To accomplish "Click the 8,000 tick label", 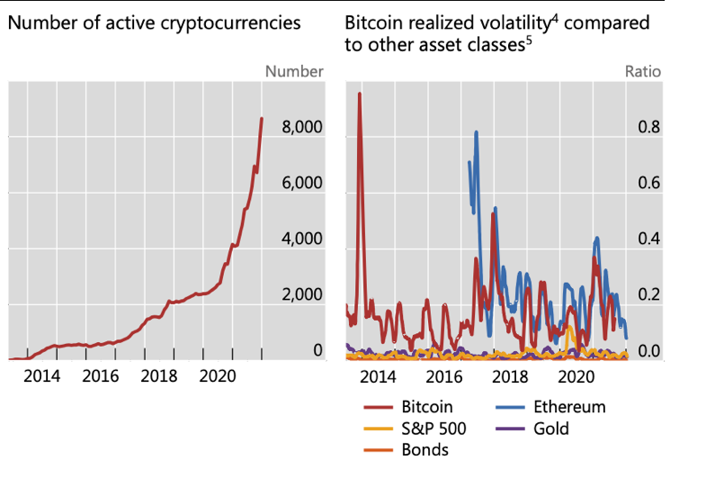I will pos(302,128).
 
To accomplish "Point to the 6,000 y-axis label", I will pos(302,184).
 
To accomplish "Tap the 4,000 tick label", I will pos(302,239).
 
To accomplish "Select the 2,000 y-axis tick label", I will pos(302,295).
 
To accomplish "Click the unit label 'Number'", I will pos(295,72).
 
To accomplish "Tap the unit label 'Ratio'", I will pos(643,72).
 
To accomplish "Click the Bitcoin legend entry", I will pos(427,407).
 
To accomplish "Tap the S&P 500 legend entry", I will pos(433,429).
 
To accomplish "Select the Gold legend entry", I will pos(550,429).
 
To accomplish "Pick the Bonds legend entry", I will pos(424,449).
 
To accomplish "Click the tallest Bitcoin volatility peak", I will pos(360,94).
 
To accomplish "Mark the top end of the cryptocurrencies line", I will pos(262,119).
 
